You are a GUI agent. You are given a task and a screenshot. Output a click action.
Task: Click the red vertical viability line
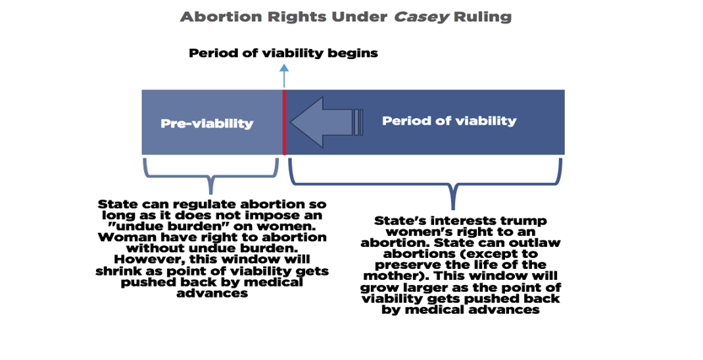tap(284, 122)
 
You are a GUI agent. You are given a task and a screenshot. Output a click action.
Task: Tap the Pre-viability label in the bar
tap(207, 123)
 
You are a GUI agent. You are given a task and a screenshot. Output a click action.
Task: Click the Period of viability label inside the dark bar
tap(448, 121)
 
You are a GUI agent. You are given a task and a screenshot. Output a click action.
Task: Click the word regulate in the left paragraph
tap(201, 205)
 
